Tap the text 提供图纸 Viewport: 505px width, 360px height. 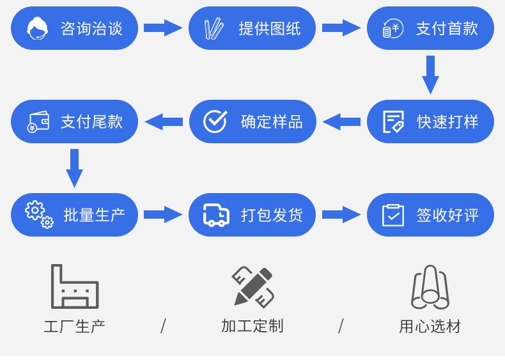click(269, 28)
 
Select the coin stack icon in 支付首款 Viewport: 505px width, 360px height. click(392, 28)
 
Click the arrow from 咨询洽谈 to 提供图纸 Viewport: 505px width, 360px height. click(163, 27)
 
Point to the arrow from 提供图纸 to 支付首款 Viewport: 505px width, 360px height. click(341, 27)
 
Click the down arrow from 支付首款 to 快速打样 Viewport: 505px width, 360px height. click(430, 74)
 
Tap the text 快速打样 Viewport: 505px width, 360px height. click(447, 121)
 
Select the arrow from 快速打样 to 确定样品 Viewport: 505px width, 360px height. click(341, 121)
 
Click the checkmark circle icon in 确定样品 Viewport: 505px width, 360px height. click(215, 121)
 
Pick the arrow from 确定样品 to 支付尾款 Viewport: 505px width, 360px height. click(164, 121)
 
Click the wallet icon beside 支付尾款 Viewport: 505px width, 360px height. click(38, 121)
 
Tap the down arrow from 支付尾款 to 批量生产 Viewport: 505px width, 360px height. click(75, 168)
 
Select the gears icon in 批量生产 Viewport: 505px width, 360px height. click(39, 214)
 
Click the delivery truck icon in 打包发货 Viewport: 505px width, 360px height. click(216, 215)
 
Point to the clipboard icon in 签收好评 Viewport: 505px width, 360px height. click(393, 215)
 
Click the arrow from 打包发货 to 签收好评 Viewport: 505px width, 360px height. click(341, 215)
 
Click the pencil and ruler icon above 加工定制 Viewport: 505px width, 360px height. click(252, 286)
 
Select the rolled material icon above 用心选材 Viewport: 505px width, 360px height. click(430, 288)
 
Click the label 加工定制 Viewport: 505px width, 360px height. click(252, 326)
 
